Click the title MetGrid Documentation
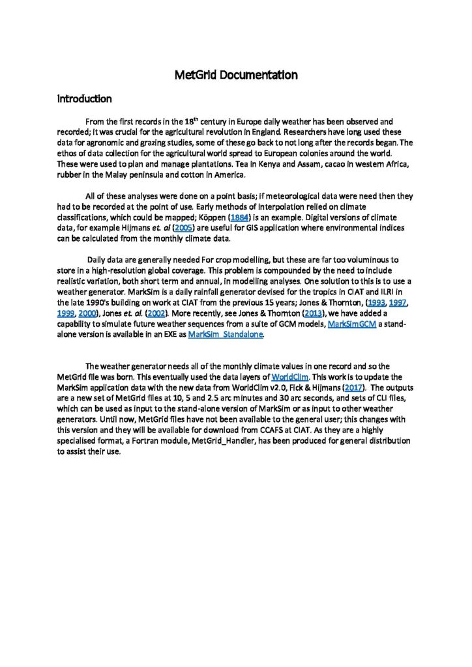click(236, 75)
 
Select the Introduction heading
click(85, 99)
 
